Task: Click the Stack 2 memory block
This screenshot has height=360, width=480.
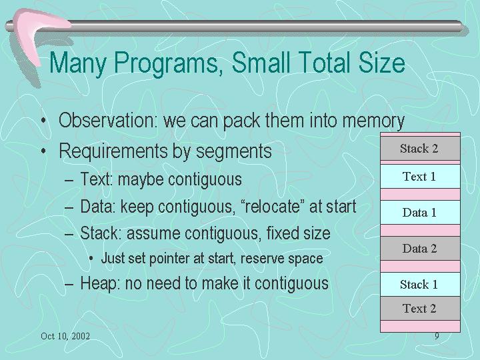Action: click(420, 149)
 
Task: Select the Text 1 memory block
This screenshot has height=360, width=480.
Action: click(420, 176)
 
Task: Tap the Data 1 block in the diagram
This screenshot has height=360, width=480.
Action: click(420, 213)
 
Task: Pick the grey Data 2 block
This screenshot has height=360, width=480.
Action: click(420, 248)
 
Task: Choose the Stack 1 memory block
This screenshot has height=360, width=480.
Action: click(420, 284)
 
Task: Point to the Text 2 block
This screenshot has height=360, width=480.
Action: click(420, 308)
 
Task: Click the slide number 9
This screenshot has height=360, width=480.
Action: click(437, 336)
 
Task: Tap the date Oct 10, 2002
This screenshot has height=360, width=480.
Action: click(65, 336)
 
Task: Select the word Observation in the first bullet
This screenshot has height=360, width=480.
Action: click(108, 120)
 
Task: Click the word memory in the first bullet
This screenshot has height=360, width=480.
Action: click(373, 121)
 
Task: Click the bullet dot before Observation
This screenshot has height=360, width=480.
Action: click(44, 120)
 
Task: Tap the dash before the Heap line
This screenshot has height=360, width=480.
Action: click(69, 285)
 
